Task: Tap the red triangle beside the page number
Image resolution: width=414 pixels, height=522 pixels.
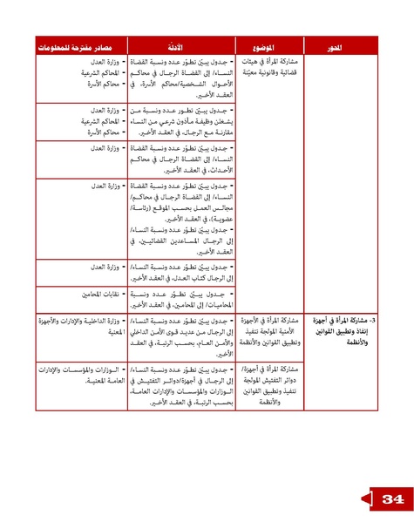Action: tap(365, 498)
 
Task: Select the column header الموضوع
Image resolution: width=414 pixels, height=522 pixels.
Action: tap(267, 46)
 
